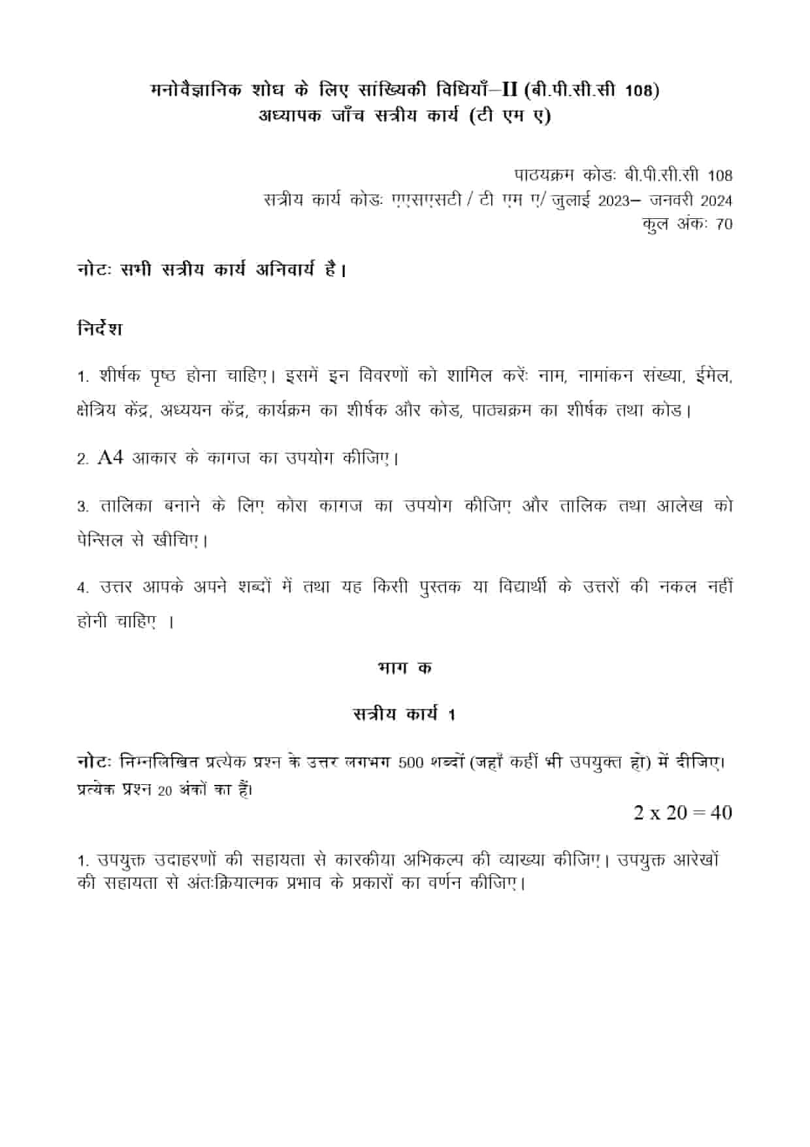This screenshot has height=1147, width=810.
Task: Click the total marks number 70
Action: [x=724, y=224]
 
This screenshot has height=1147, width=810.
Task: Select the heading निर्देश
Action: [x=99, y=328]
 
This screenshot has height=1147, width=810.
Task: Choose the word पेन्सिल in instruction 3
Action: [x=99, y=541]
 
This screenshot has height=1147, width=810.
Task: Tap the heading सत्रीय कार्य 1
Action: [x=404, y=714]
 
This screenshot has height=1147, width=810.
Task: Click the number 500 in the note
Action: [x=411, y=763]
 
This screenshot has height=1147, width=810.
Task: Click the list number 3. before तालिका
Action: [x=82, y=507]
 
